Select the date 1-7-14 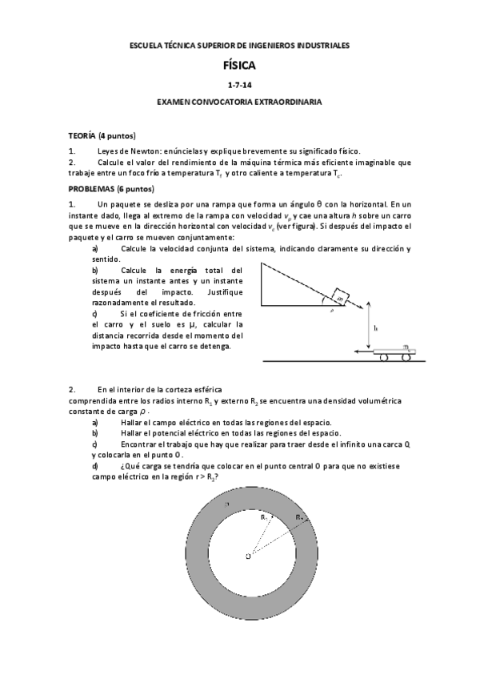pyautogui.click(x=239, y=86)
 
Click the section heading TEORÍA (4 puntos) pyautogui.click(x=102, y=135)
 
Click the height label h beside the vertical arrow pyautogui.click(x=376, y=327)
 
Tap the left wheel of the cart pyautogui.click(x=385, y=357)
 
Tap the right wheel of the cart pyautogui.click(x=407, y=357)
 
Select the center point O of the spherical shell pyautogui.click(x=250, y=555)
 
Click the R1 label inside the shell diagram pyautogui.click(x=263, y=519)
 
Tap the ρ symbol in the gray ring pyautogui.click(x=227, y=503)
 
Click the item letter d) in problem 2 pyautogui.click(x=96, y=465)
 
